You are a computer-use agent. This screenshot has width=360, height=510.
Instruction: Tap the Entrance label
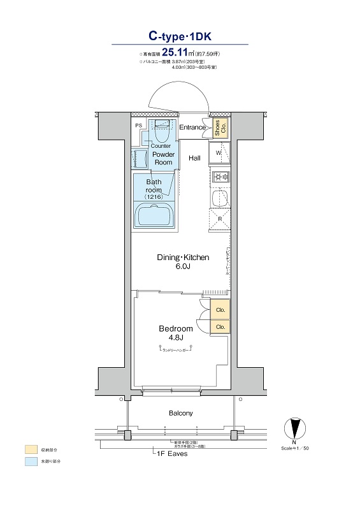pos(192,127)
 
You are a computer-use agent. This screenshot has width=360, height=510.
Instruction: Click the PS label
pos(138,126)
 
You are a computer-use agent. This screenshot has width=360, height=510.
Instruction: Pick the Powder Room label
pos(164,158)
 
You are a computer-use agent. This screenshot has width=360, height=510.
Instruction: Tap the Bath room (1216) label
pos(154,189)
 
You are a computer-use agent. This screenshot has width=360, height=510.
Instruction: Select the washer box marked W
pos(218,154)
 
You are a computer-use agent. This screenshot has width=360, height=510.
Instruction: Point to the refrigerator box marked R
pos(219,219)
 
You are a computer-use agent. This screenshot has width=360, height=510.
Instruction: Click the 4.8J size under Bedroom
pos(175,338)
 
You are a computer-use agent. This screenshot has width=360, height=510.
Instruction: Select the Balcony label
pos(180,413)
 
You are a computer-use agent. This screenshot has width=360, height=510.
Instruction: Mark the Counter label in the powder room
pos(161,146)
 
